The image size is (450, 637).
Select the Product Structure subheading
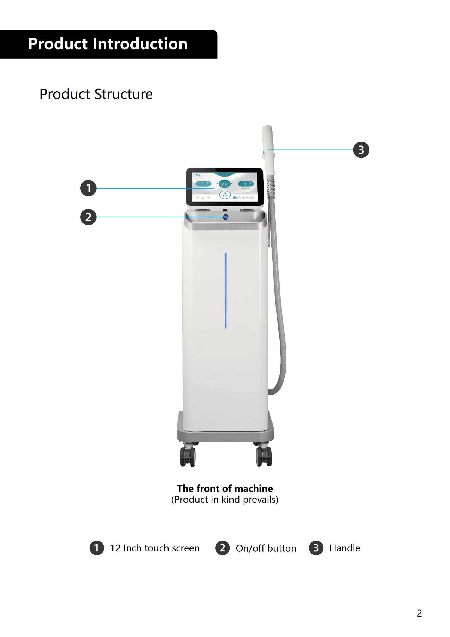96,94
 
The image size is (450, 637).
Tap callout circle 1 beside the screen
88,188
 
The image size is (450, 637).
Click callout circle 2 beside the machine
88,217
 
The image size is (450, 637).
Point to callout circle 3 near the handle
361,150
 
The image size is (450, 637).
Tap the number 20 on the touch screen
224,184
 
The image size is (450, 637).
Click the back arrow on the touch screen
198,175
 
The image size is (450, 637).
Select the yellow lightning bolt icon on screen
198,198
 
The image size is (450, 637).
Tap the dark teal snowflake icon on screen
235,198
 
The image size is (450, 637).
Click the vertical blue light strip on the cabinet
225,290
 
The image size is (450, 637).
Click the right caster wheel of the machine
264,456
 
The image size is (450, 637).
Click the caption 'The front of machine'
225,488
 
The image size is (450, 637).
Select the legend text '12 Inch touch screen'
155,548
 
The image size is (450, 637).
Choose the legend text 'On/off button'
266,548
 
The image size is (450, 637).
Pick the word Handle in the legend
345,548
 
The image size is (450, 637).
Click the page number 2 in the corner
419,613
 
